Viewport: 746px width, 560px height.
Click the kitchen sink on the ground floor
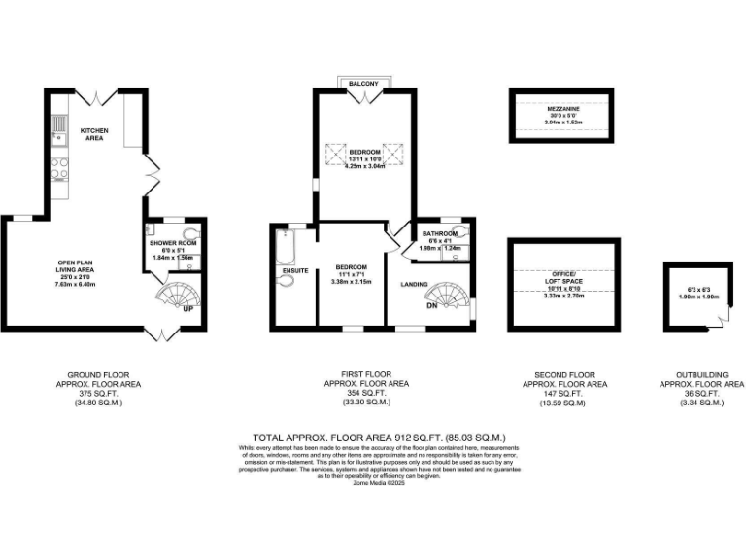(x=60, y=124)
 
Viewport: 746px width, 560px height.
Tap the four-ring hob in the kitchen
(x=60, y=169)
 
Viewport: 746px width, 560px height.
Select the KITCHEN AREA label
(x=92, y=134)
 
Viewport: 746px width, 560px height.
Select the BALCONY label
(x=364, y=86)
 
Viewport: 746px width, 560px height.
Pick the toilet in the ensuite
(x=284, y=281)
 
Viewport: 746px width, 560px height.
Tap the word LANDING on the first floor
(x=415, y=284)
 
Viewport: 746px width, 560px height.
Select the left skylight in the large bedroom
(x=335, y=153)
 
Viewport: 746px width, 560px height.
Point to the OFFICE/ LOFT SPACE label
(x=563, y=278)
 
